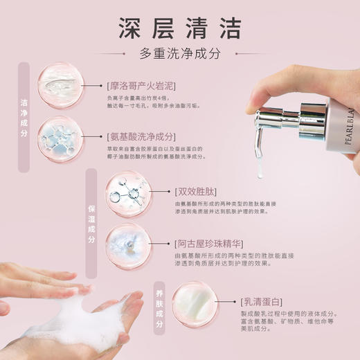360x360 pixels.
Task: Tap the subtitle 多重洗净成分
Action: pyautogui.click(x=180, y=53)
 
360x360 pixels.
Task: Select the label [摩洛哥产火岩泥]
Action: pyautogui.click(x=141, y=87)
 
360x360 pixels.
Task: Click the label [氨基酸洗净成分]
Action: pyautogui.click(x=141, y=136)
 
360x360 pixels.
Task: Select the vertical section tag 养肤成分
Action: pyautogui.click(x=158, y=312)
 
